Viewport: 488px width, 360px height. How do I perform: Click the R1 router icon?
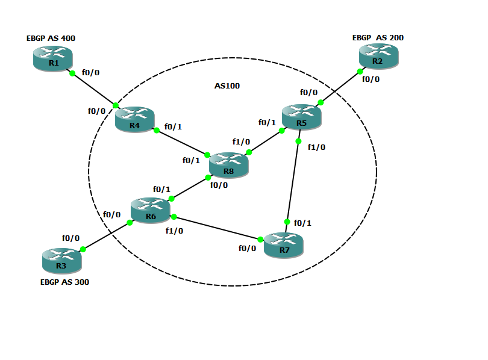pos(52,59)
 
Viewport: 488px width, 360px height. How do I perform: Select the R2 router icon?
pos(378,57)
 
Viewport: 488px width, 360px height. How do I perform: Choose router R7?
pos(283,245)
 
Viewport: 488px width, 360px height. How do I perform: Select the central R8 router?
pos(228,165)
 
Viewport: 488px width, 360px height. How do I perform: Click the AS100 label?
pos(227,86)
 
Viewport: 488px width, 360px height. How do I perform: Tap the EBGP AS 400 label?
pos(51,38)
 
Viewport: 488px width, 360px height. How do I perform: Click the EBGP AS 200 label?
pos(378,37)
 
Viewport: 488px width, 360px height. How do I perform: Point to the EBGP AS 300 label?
pos(64,282)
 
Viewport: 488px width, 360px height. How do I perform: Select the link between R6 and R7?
pos(217,228)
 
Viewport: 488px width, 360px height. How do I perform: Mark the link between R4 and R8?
pos(181,141)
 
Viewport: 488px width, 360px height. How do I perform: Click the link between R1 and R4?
pos(93,89)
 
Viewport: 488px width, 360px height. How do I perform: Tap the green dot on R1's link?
pos(72,73)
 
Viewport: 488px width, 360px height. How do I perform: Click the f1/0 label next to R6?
pos(174,230)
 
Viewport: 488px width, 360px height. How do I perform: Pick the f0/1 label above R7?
pos(302,223)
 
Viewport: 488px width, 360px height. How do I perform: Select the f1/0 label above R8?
pos(241,141)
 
